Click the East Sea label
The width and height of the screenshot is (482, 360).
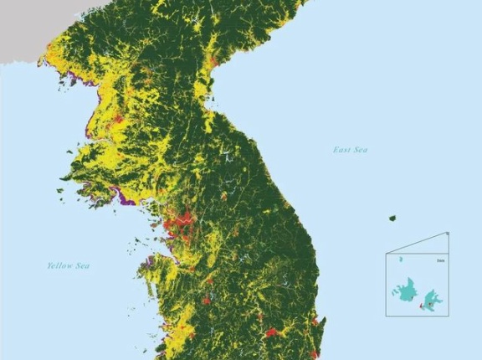coord(350,150)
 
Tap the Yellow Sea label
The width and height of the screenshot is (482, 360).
coord(68,265)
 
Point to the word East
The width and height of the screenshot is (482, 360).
coord(341,150)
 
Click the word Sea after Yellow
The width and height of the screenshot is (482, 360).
coord(82,265)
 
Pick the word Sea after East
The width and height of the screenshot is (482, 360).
coord(361,150)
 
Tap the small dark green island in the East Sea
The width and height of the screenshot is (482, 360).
coord(392,219)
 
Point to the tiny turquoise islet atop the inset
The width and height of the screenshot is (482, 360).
coord(400,260)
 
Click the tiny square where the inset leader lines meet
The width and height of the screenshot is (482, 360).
coord(447,234)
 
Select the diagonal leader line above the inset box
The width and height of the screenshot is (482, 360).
coord(416,244)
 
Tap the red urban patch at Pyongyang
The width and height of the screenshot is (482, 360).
coord(116,121)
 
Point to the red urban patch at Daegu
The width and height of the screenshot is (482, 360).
coord(270,332)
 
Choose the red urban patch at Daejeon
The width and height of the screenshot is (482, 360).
coord(206,299)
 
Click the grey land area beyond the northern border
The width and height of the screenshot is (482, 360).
coord(21,29)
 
